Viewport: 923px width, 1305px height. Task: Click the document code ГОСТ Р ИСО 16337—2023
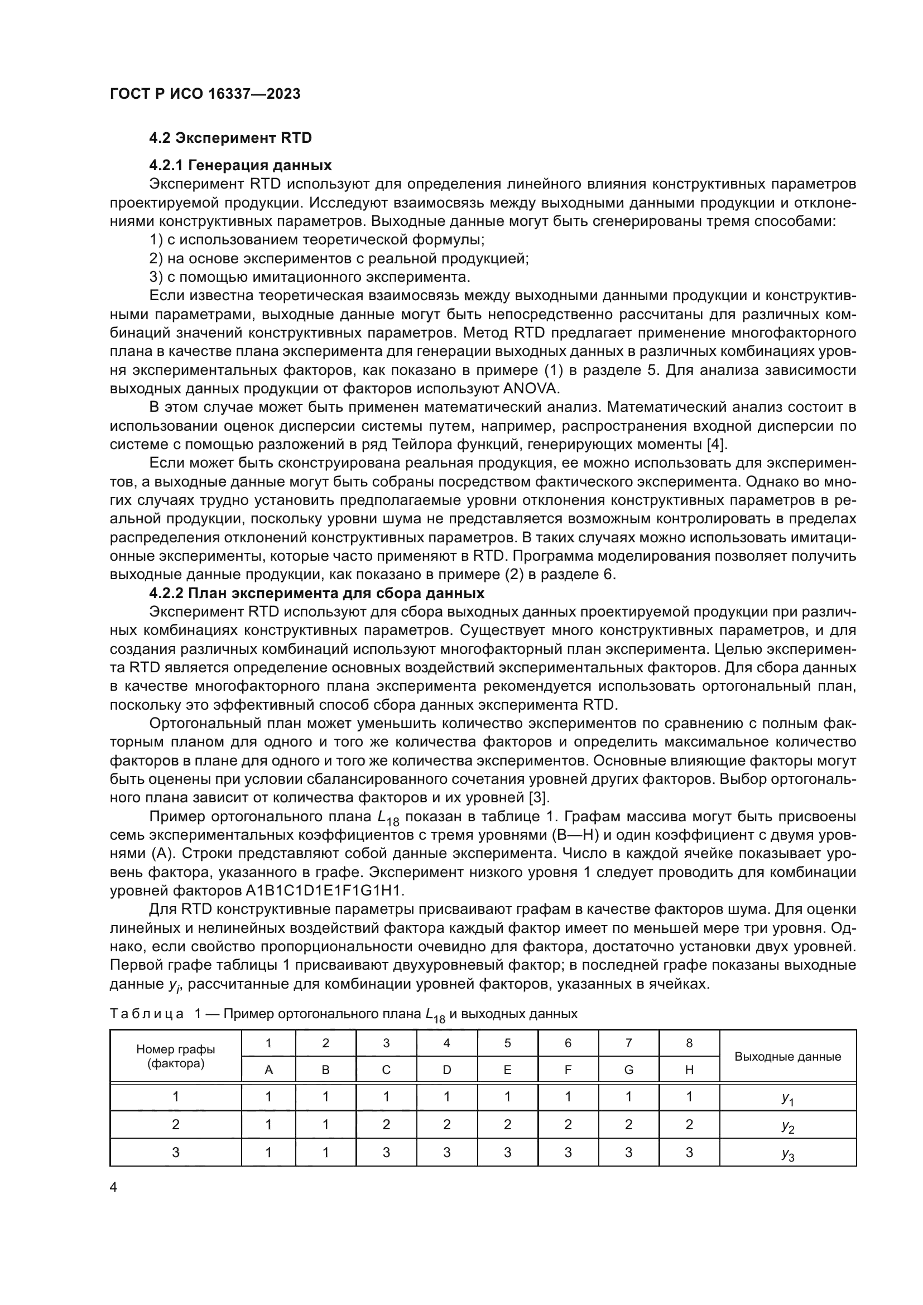point(205,94)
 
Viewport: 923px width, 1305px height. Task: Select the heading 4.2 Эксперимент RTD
point(230,138)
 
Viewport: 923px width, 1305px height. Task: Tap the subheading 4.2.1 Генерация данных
point(241,165)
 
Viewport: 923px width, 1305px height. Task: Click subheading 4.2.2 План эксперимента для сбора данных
point(316,594)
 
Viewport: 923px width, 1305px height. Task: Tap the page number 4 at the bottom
point(113,1187)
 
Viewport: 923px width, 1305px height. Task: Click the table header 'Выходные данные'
point(787,1057)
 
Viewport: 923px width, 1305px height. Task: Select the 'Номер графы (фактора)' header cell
point(176,1057)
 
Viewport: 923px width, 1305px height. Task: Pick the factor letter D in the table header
point(447,1070)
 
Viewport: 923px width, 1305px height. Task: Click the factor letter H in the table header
point(689,1070)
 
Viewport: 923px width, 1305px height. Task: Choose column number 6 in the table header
point(568,1043)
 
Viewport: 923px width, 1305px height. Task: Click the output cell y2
point(787,1125)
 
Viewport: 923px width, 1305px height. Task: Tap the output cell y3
point(787,1153)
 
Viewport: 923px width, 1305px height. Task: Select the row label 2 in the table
point(176,1124)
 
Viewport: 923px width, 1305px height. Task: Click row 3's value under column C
point(386,1152)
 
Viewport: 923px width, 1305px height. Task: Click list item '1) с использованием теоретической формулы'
point(316,240)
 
